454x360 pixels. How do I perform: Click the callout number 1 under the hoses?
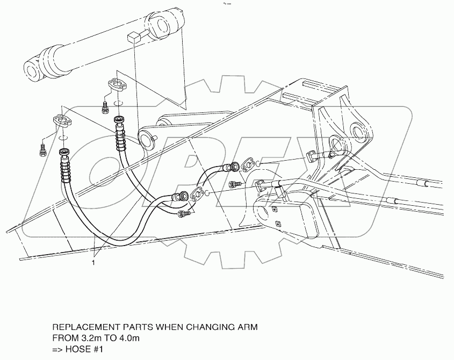[x=94, y=263]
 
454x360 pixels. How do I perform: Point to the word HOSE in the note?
[x=79, y=349]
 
